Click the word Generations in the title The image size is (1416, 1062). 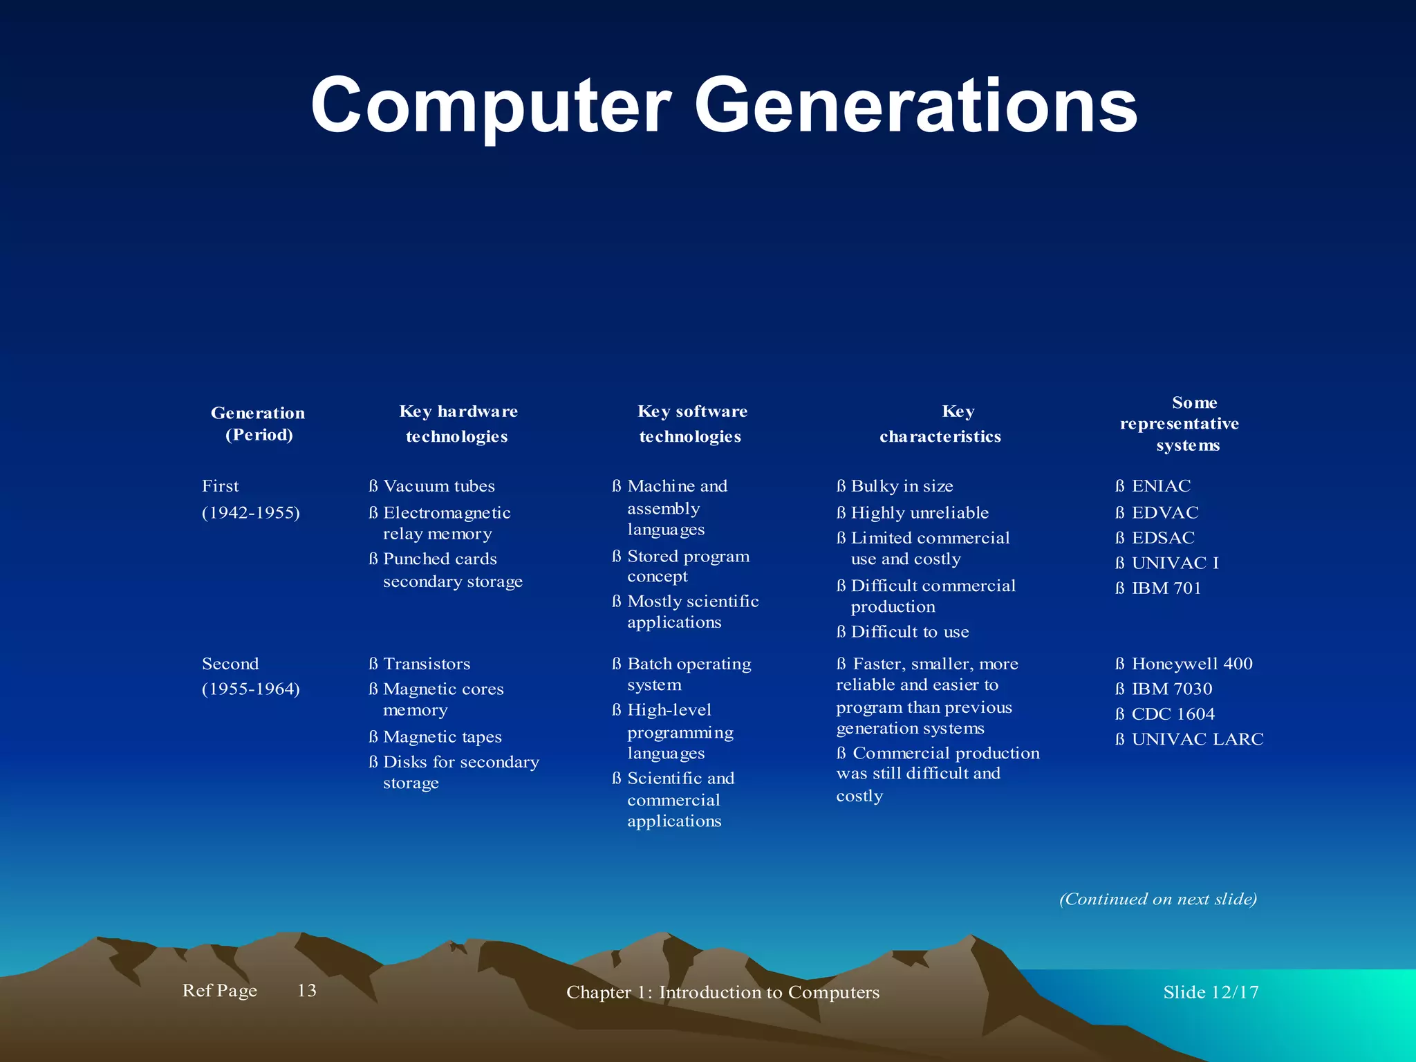click(x=915, y=105)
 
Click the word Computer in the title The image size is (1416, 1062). click(x=490, y=105)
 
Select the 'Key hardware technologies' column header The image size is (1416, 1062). click(x=458, y=424)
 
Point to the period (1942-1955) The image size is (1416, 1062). click(x=250, y=513)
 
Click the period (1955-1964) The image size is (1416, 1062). click(x=250, y=689)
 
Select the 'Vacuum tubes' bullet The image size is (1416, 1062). click(x=438, y=486)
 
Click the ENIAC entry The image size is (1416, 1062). click(x=1160, y=486)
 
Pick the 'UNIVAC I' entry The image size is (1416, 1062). click(x=1174, y=563)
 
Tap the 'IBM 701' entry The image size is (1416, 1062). click(x=1166, y=588)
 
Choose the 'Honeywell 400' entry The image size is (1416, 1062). click(x=1191, y=664)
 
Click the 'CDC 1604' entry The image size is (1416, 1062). click(x=1173, y=714)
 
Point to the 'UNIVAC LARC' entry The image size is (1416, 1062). click(x=1197, y=739)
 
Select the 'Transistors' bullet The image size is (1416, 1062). click(x=426, y=664)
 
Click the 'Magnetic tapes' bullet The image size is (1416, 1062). click(x=442, y=737)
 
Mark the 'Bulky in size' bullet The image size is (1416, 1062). click(x=901, y=486)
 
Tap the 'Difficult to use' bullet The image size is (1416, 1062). click(x=909, y=632)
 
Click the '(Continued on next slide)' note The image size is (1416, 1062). click(x=1157, y=899)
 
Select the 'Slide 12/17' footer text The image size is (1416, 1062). click(x=1210, y=992)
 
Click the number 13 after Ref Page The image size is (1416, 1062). click(x=306, y=991)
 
